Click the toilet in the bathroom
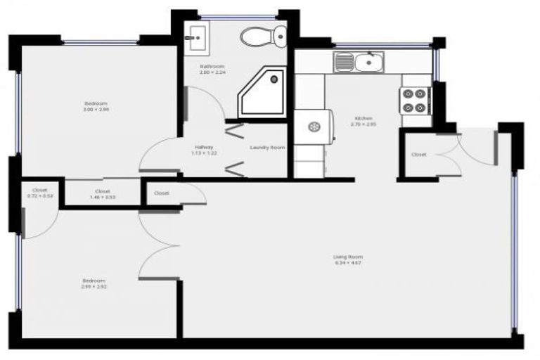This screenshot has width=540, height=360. pyautogui.click(x=264, y=35)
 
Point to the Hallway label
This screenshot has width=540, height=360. pyautogui.click(x=204, y=147)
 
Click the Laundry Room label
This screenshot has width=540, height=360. pyautogui.click(x=267, y=147)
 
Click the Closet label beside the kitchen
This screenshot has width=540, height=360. pyautogui.click(x=419, y=154)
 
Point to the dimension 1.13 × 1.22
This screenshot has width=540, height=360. pyautogui.click(x=204, y=153)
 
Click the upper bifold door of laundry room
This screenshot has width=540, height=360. pyautogui.click(x=233, y=130)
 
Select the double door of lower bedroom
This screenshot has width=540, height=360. pyautogui.click(x=158, y=243)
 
